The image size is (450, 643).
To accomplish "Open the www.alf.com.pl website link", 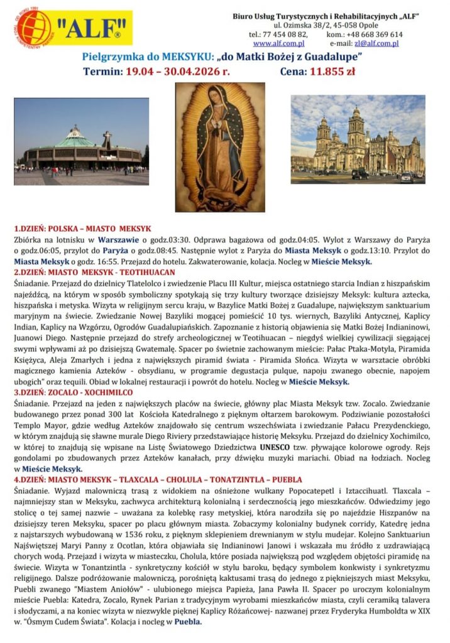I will tap(278, 43).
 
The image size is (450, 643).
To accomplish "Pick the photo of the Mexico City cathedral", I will tap(357, 139).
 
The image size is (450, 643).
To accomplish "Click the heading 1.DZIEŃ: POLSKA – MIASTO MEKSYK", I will tap(82, 229).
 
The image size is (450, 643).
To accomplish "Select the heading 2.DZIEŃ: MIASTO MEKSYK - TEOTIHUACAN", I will tap(94, 273).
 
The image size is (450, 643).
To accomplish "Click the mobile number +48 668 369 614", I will tap(371, 35).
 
